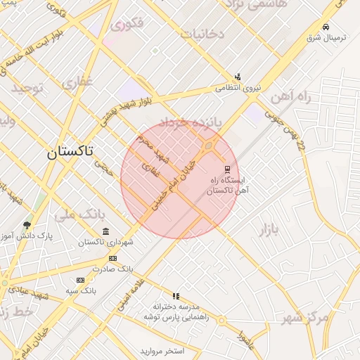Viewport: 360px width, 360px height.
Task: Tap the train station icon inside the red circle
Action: coord(226,169)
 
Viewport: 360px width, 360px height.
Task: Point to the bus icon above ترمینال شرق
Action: coord(325,27)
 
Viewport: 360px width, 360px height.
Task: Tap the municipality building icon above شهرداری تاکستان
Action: coord(105,232)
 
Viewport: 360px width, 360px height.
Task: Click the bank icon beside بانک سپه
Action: coord(79,280)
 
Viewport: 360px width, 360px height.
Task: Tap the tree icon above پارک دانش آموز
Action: coord(27,226)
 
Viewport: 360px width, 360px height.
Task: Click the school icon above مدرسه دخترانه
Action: coord(176,296)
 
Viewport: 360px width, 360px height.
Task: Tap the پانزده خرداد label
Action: coord(190,122)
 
